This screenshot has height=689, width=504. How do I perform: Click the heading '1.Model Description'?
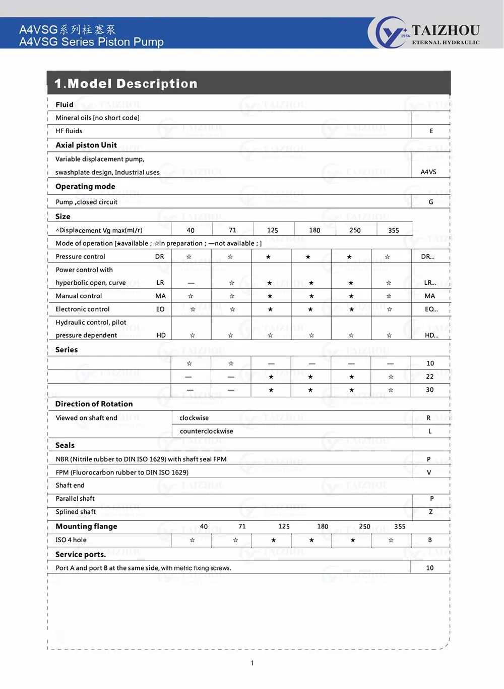point(126,83)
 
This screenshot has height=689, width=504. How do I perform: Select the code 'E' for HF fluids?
point(431,131)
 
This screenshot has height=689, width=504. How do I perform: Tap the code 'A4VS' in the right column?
point(428,172)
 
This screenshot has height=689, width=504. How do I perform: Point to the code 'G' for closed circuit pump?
point(431,202)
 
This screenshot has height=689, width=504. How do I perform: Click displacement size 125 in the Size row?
point(273,230)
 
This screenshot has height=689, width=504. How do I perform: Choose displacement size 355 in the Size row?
point(394,230)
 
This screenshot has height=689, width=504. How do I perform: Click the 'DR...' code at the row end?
point(428,256)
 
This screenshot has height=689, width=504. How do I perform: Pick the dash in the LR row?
point(191,283)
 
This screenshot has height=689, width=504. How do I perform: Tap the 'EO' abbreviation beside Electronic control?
point(160,309)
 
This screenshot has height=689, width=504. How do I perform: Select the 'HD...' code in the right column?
point(431,335)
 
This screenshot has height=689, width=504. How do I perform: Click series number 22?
point(430,377)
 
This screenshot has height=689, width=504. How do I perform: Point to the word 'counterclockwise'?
point(206,431)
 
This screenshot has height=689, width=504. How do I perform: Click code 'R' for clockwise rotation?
point(428,418)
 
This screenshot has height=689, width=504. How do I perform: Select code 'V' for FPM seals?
point(429,472)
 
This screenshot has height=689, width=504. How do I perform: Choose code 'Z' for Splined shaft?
point(431,512)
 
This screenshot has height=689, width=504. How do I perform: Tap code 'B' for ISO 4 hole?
point(430,540)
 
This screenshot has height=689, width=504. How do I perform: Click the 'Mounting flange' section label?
point(86,526)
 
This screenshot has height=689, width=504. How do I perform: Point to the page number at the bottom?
point(253,663)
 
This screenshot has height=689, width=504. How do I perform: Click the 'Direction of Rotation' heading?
point(94,404)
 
